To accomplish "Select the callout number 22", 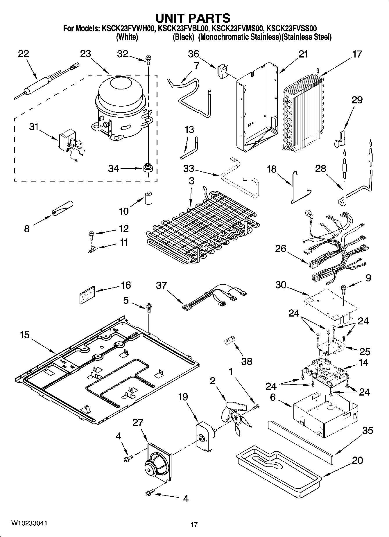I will [24, 54].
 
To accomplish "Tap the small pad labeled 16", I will [87, 295].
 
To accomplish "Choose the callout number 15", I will [25, 335].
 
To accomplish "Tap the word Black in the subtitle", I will [183, 37].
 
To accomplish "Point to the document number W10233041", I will [29, 523].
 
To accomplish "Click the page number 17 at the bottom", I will [194, 525].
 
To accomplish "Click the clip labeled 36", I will [221, 71].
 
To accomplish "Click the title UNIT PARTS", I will [193, 18].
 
